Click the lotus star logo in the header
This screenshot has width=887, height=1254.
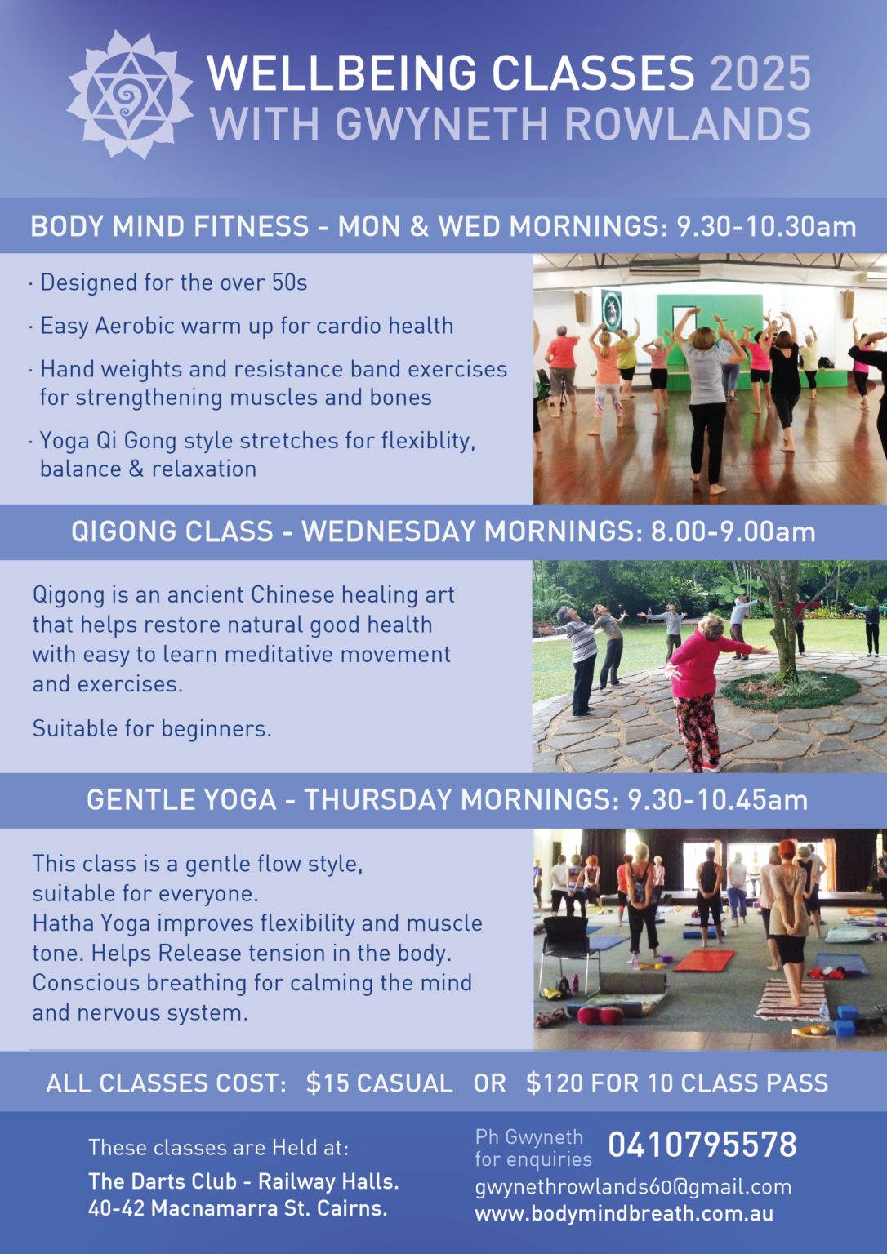[130, 95]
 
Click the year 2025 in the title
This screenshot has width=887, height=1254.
[760, 73]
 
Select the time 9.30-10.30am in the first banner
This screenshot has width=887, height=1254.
[766, 226]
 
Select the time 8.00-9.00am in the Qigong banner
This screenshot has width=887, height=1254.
[733, 531]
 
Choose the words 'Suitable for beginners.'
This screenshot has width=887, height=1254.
[152, 729]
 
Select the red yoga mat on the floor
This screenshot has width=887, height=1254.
[704, 961]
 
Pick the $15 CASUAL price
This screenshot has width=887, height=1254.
[379, 1083]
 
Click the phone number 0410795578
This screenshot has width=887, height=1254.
[702, 1145]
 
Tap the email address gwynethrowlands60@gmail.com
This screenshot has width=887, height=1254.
[633, 1187]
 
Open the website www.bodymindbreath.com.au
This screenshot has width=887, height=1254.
[624, 1214]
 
